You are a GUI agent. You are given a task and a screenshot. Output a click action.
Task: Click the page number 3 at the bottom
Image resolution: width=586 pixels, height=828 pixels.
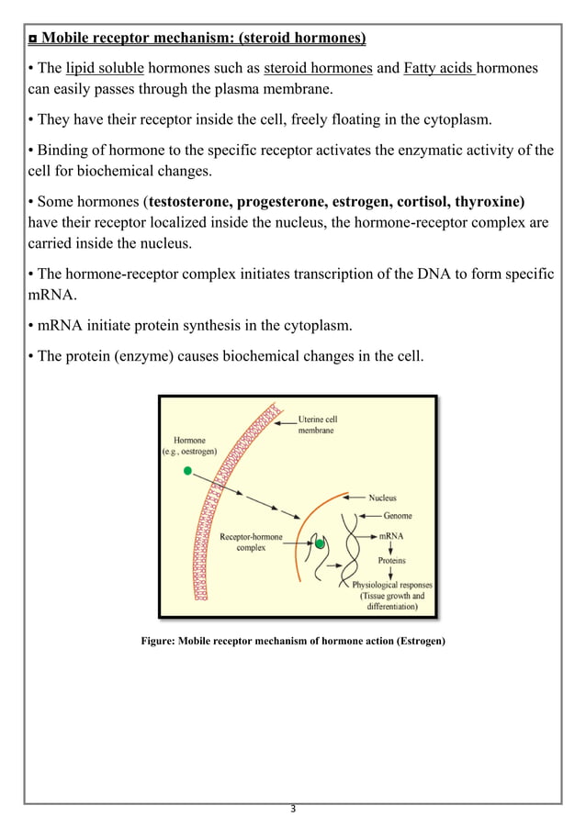point(292,809)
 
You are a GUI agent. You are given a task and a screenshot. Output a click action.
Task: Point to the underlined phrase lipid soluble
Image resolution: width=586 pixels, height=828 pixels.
point(105,69)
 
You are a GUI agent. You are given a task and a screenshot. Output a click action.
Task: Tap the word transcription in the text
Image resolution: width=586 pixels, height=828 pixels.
point(321,275)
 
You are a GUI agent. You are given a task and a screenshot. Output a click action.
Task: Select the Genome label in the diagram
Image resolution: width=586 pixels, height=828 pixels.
point(397,516)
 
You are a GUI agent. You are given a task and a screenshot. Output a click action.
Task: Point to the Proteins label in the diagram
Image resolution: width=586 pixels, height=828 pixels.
point(391,559)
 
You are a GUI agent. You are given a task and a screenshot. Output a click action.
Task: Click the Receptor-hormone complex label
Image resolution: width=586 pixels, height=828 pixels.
point(251,542)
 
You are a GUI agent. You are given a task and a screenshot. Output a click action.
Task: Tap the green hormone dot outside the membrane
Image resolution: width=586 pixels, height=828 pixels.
point(188,471)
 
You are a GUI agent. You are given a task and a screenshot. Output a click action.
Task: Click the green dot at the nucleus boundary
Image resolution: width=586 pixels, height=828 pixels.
point(320,544)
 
